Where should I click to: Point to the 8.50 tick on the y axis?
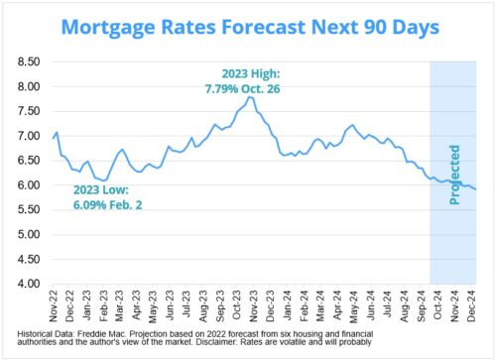click(28, 62)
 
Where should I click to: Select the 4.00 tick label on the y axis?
click(28, 284)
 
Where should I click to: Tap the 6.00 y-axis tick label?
click(28, 185)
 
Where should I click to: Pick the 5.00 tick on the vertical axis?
click(28, 235)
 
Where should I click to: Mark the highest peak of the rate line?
click(251, 97)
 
